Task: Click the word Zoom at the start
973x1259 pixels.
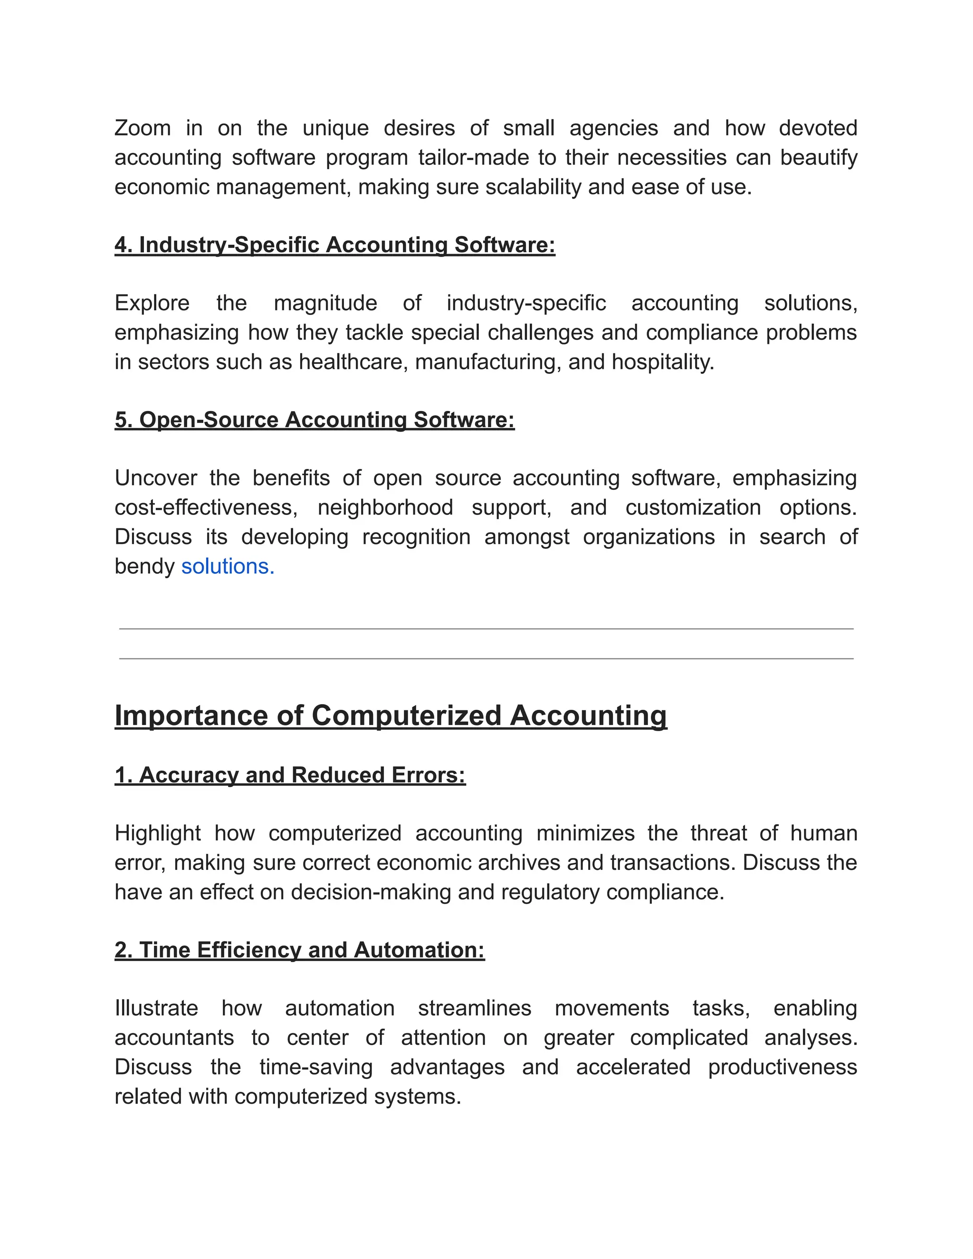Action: tap(143, 128)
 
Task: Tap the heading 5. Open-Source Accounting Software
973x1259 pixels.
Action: tap(314, 420)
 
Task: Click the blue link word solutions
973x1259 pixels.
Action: tap(228, 566)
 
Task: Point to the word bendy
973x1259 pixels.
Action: tap(144, 566)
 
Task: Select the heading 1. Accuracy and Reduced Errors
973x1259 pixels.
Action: tap(290, 775)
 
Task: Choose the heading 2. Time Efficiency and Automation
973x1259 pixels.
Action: tap(300, 950)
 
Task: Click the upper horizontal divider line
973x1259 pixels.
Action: tap(486, 629)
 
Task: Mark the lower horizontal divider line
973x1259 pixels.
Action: tap(486, 658)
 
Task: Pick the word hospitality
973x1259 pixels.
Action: tap(662, 362)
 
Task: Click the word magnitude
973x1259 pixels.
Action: tap(325, 303)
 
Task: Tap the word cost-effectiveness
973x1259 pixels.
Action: tap(206, 507)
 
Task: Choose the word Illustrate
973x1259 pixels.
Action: tap(156, 1008)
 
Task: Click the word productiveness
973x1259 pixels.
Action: tap(782, 1067)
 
